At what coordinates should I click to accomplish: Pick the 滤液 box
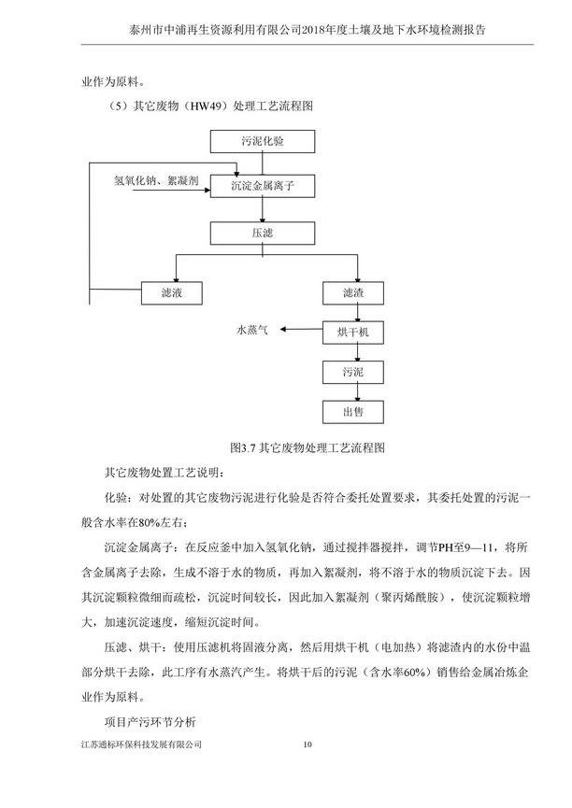pos(171,292)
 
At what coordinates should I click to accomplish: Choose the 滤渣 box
pos(352,292)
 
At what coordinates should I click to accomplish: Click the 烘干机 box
pos(352,332)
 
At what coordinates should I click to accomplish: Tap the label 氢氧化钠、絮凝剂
pos(155,181)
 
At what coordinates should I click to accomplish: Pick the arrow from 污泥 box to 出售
pos(352,391)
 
